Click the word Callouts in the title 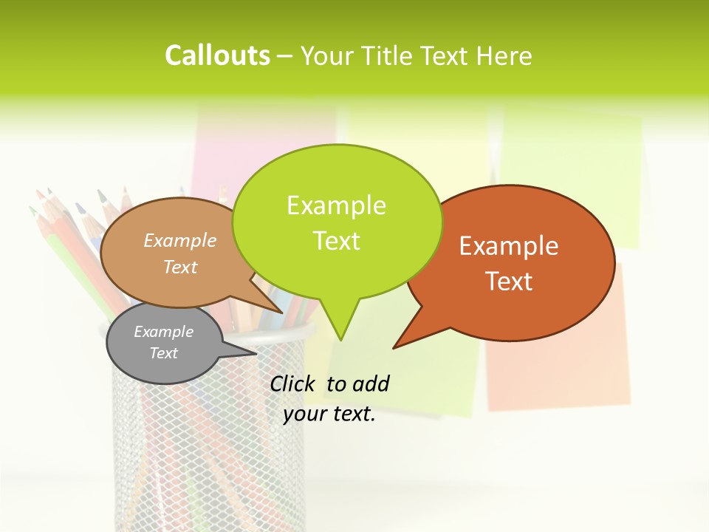[x=217, y=56]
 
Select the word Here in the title [x=504, y=56]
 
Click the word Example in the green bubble [x=336, y=205]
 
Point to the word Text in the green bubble [x=336, y=241]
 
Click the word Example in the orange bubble [x=509, y=246]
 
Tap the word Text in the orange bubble [x=509, y=282]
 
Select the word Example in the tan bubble [x=179, y=240]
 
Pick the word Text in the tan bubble [x=179, y=267]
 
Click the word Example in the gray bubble [x=163, y=332]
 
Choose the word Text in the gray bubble [x=163, y=353]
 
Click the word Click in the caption [x=294, y=383]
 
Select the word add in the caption [x=370, y=383]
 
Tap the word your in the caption [x=304, y=414]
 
